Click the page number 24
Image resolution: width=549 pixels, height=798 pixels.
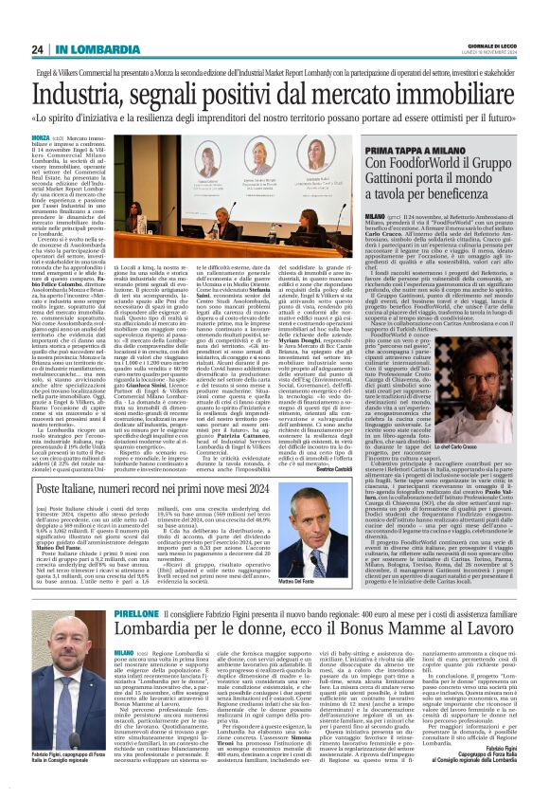[37, 49]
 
